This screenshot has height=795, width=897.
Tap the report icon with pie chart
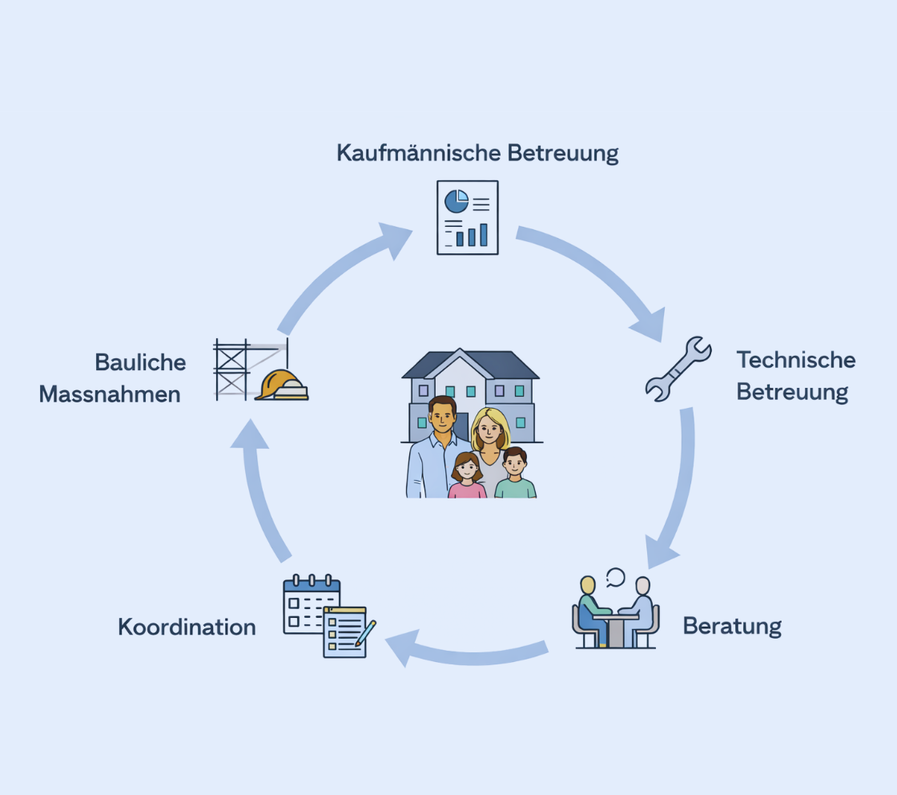click(467, 217)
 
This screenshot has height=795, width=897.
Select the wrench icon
click(678, 369)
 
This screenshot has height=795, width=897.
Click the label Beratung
click(732, 626)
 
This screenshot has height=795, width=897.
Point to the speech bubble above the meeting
click(615, 576)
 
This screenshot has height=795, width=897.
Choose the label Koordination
click(187, 627)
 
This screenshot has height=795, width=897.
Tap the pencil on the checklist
click(365, 633)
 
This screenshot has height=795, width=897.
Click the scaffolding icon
click(233, 368)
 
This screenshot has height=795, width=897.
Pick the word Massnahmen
click(110, 394)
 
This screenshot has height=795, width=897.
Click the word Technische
click(796, 360)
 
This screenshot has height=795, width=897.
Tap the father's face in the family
click(440, 415)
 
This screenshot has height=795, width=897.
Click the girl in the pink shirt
click(466, 477)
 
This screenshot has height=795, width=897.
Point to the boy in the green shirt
click(515, 476)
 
